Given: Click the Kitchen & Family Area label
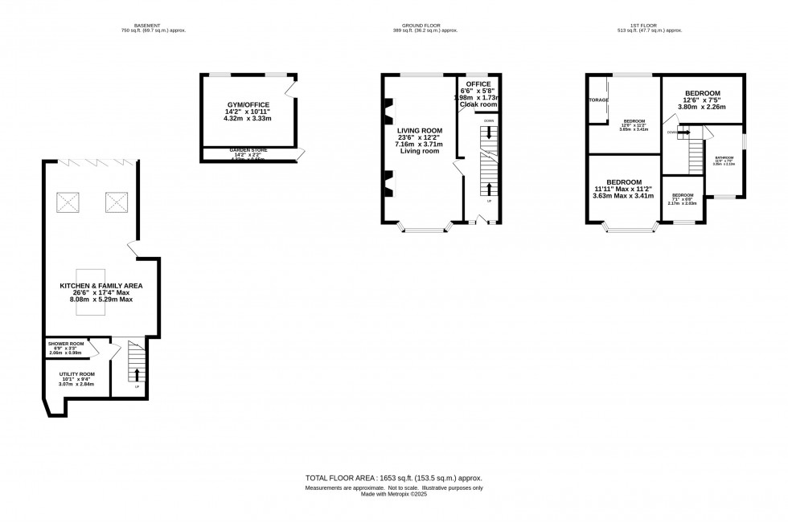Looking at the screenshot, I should pos(101,286).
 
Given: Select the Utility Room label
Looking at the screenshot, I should pos(76,374).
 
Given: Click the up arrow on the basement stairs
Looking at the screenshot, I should pos(136,374).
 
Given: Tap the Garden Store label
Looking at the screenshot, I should pos(248,150).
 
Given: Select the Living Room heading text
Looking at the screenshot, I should pos(420,130).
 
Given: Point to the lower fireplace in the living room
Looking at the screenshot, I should pos(388,183).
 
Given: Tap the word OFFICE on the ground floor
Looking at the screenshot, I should pos(478,84).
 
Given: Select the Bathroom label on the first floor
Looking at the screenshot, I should pos(724,157).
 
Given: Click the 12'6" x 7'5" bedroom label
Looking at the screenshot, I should pos(702,93).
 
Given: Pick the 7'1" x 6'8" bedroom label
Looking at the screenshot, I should pos(683,195).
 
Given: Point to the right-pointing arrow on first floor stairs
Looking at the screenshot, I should pos(683,133).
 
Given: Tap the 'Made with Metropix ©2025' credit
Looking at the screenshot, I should pos(394,493).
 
